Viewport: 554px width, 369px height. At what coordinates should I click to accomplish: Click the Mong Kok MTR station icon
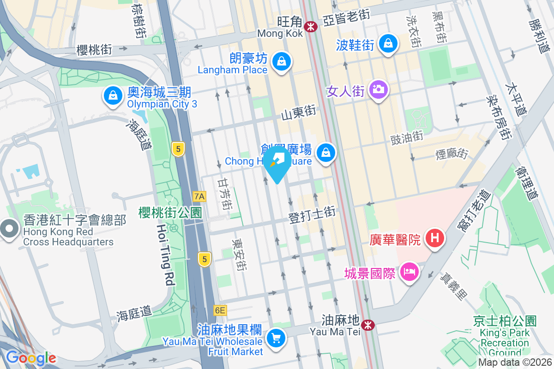pos(311,26)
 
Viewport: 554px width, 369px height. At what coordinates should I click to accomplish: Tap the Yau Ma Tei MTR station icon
pos(368,325)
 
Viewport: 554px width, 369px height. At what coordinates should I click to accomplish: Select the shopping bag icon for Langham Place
pos(280,61)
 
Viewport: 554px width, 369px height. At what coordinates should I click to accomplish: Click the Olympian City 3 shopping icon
pos(113,96)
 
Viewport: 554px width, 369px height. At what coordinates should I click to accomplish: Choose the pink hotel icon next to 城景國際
pos(409,272)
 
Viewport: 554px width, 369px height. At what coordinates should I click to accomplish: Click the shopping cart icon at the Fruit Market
pos(276,339)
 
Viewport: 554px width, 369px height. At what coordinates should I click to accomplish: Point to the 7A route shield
pos(199,196)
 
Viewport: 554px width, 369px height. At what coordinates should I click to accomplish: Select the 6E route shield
pos(220,310)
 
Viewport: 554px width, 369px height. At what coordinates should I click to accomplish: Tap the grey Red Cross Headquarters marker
pos(9,229)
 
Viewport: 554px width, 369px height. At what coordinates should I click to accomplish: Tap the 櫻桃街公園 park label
pos(170,213)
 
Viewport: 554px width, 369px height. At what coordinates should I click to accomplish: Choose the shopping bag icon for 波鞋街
pos(388,44)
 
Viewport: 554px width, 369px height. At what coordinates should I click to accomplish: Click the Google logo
pos(31,358)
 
